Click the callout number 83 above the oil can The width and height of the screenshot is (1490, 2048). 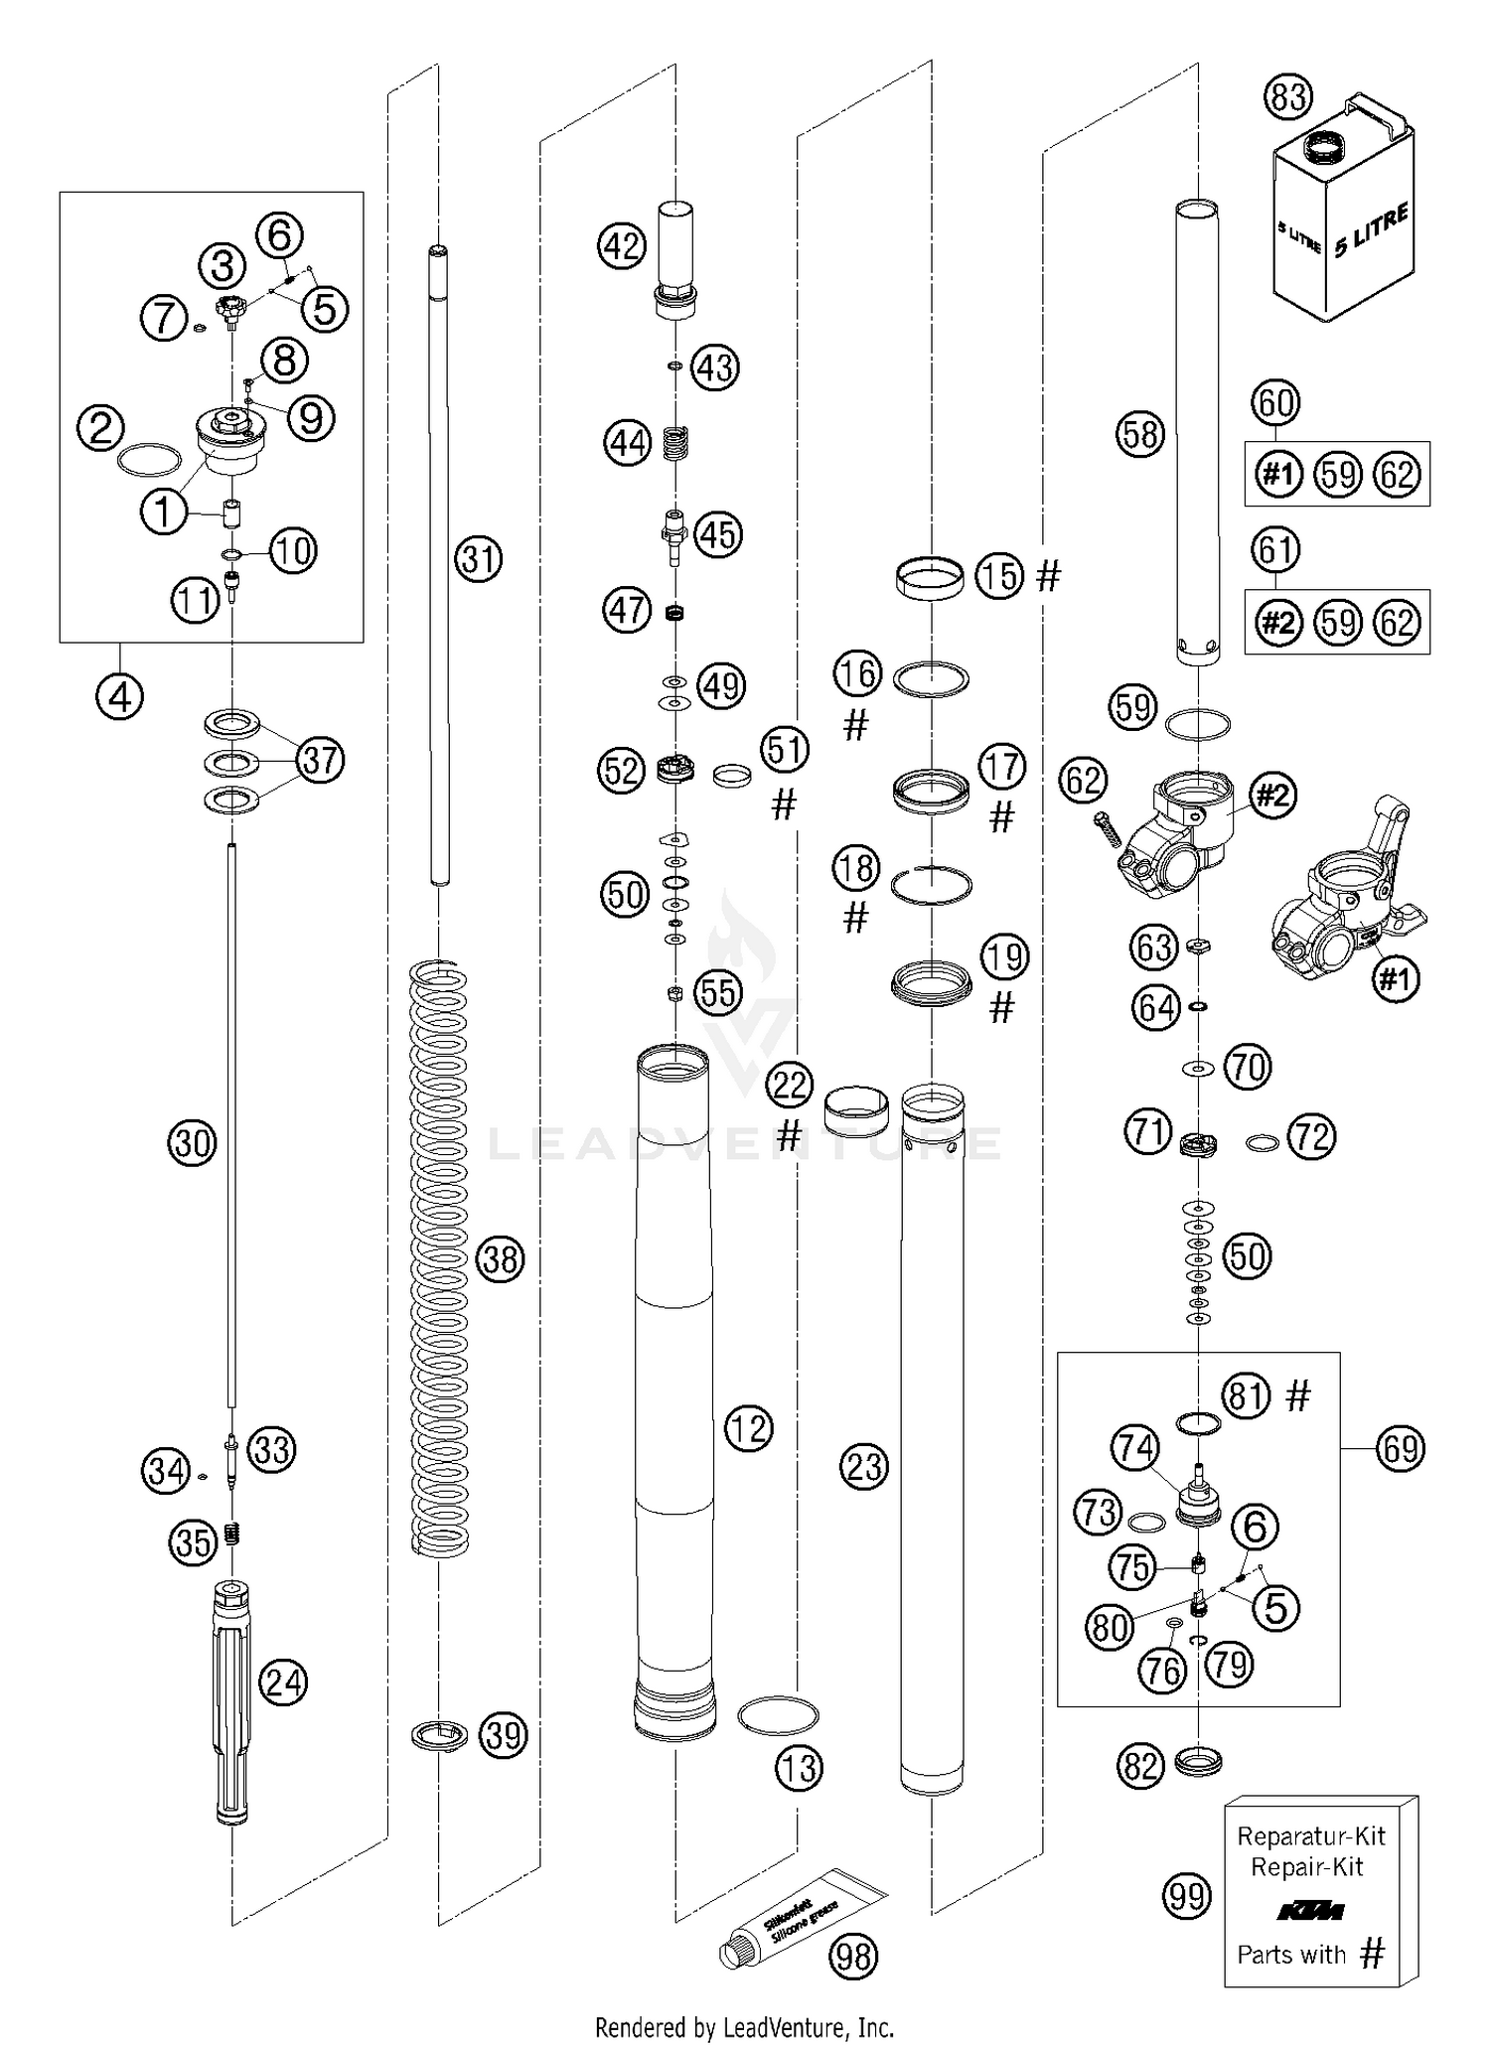tap(1287, 98)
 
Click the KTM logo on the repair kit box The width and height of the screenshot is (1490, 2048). tap(1308, 1910)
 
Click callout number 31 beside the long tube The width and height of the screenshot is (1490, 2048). tap(479, 559)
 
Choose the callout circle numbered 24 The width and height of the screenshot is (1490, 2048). tap(283, 1682)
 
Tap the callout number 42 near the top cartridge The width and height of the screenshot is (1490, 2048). tap(622, 245)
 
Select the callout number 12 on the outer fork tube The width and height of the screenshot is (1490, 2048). tap(748, 1428)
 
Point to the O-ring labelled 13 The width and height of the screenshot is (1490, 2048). tap(778, 1715)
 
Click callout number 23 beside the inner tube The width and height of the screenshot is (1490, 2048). tap(863, 1466)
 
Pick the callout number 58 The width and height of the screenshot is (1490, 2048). tap(1139, 434)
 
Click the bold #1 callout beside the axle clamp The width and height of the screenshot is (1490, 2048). tap(1396, 979)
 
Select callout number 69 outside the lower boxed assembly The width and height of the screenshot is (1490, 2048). tap(1401, 1449)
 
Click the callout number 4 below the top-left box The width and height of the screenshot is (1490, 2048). tap(119, 697)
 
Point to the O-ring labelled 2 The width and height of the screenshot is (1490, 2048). tap(149, 460)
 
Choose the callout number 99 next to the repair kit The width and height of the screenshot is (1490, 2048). tap(1187, 1896)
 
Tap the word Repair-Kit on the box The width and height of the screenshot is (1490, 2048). tap(1306, 1867)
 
